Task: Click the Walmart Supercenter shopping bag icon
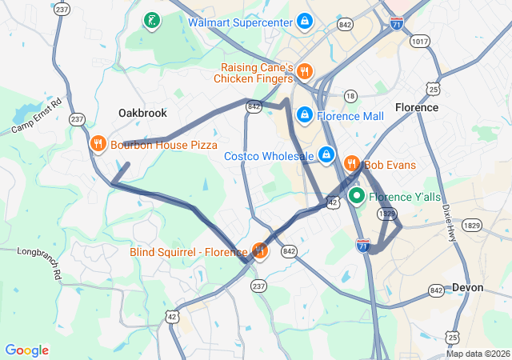click(x=304, y=22)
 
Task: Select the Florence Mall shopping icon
click(x=304, y=115)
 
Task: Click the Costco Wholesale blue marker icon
click(x=326, y=154)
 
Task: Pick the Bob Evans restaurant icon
click(x=350, y=164)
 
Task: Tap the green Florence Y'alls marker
click(x=355, y=196)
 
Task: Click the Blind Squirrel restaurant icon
click(x=259, y=251)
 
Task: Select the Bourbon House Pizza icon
click(x=98, y=145)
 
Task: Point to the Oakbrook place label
click(x=142, y=113)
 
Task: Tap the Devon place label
click(x=467, y=287)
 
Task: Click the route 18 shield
click(x=350, y=96)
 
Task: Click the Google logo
click(x=27, y=350)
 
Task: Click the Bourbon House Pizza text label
click(x=164, y=145)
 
